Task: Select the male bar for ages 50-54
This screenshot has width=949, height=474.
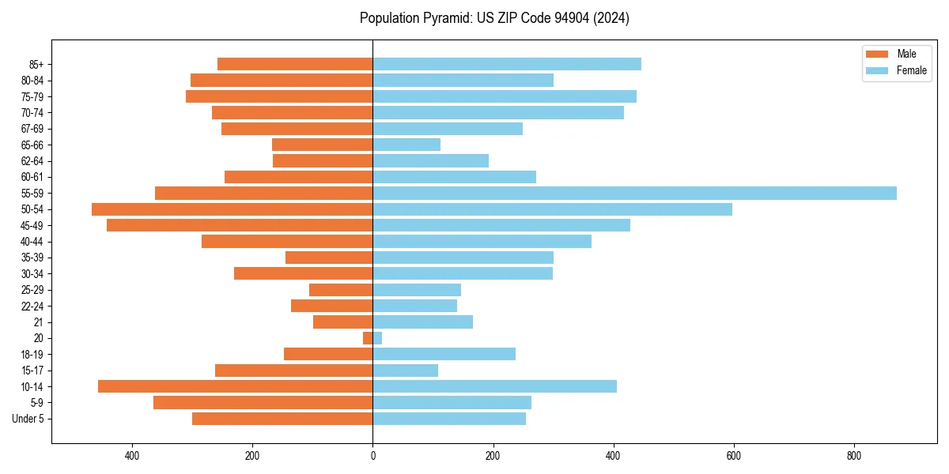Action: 232,209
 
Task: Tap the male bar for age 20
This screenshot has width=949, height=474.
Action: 368,338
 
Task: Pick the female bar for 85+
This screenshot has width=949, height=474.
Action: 507,64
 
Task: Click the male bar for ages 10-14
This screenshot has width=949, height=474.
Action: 235,386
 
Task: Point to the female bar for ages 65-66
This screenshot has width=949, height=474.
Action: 406,145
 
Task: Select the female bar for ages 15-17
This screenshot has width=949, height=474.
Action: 405,371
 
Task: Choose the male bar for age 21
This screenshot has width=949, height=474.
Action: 342,322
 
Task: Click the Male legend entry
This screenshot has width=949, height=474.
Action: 897,54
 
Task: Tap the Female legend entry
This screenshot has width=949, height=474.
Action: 901,70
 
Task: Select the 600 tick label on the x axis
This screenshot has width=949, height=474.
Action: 733,456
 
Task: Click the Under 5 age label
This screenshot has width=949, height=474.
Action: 28,419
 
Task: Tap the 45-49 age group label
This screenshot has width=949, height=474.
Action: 32,225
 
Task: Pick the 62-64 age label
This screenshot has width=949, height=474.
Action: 32,161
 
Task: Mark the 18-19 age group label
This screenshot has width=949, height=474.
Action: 32,355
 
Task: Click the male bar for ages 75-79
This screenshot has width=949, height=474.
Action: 279,96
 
